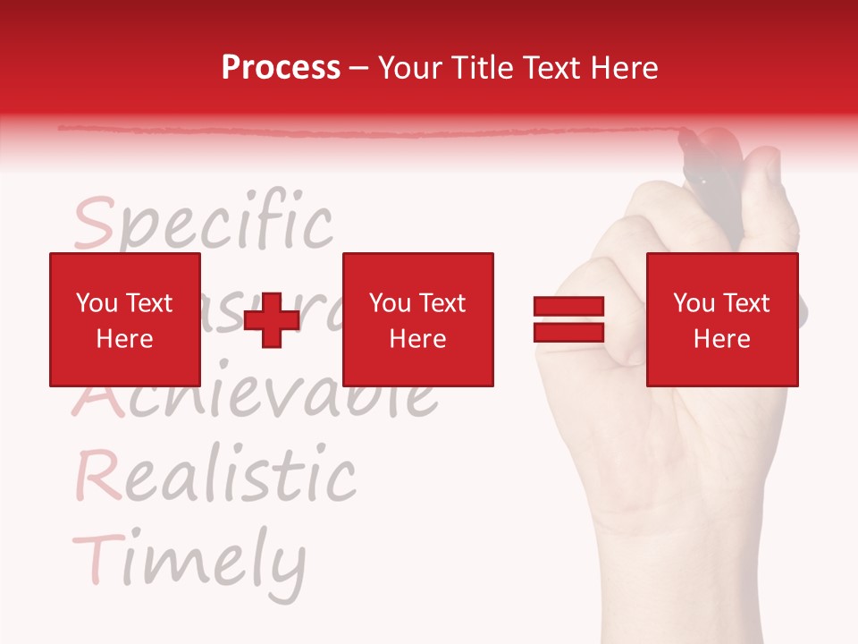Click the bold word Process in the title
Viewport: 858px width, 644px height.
pyautogui.click(x=281, y=68)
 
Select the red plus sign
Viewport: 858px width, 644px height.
pyautogui.click(x=272, y=319)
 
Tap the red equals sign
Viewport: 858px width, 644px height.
pyautogui.click(x=568, y=319)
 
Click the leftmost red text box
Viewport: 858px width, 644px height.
pyautogui.click(x=124, y=319)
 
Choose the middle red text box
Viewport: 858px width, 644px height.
pyautogui.click(x=417, y=319)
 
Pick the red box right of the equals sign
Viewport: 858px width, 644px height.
pyautogui.click(x=721, y=319)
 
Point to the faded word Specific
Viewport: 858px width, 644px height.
pyautogui.click(x=204, y=224)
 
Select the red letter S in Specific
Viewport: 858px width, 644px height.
pyautogui.click(x=94, y=224)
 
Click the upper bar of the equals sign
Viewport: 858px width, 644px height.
pyautogui.click(x=568, y=307)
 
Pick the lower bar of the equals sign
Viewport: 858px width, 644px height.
pyautogui.click(x=568, y=332)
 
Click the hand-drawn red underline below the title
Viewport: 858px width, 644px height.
pyautogui.click(x=357, y=132)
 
